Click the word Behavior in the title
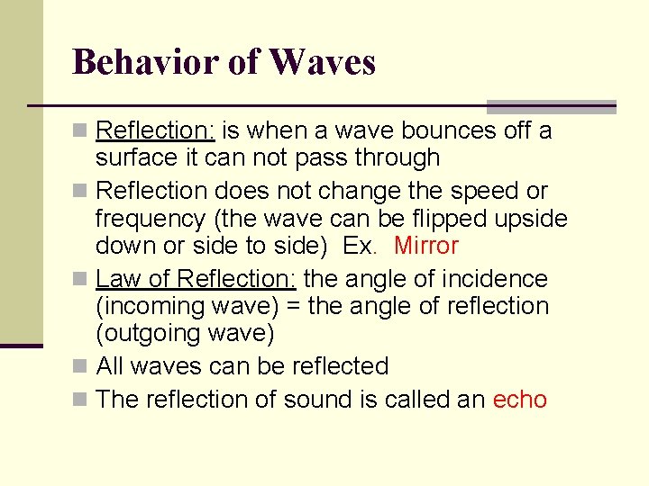coord(143,62)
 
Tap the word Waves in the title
coord(322,62)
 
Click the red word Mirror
coord(426,246)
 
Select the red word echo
coord(520,400)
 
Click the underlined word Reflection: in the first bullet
coord(155,131)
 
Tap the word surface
coord(133,158)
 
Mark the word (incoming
coord(150,307)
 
